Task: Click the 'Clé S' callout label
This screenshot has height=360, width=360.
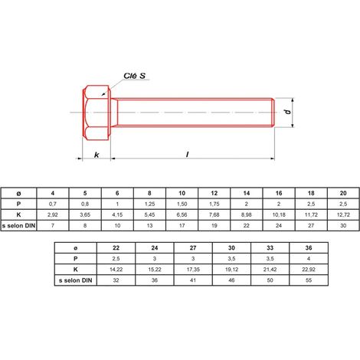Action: coord(134,76)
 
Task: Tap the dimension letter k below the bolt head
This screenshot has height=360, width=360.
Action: coord(97,155)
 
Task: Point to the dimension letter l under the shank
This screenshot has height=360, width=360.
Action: coord(188,154)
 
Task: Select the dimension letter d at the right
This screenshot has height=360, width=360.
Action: coord(288,112)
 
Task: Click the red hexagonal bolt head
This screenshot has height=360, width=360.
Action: coord(97,113)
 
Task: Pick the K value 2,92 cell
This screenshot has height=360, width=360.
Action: coord(53,214)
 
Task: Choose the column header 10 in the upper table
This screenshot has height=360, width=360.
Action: coord(182,193)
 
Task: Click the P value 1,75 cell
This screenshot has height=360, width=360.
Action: coord(214,204)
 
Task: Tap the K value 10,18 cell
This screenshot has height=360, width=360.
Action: coord(279,214)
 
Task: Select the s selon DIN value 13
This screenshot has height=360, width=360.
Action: coord(149,225)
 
